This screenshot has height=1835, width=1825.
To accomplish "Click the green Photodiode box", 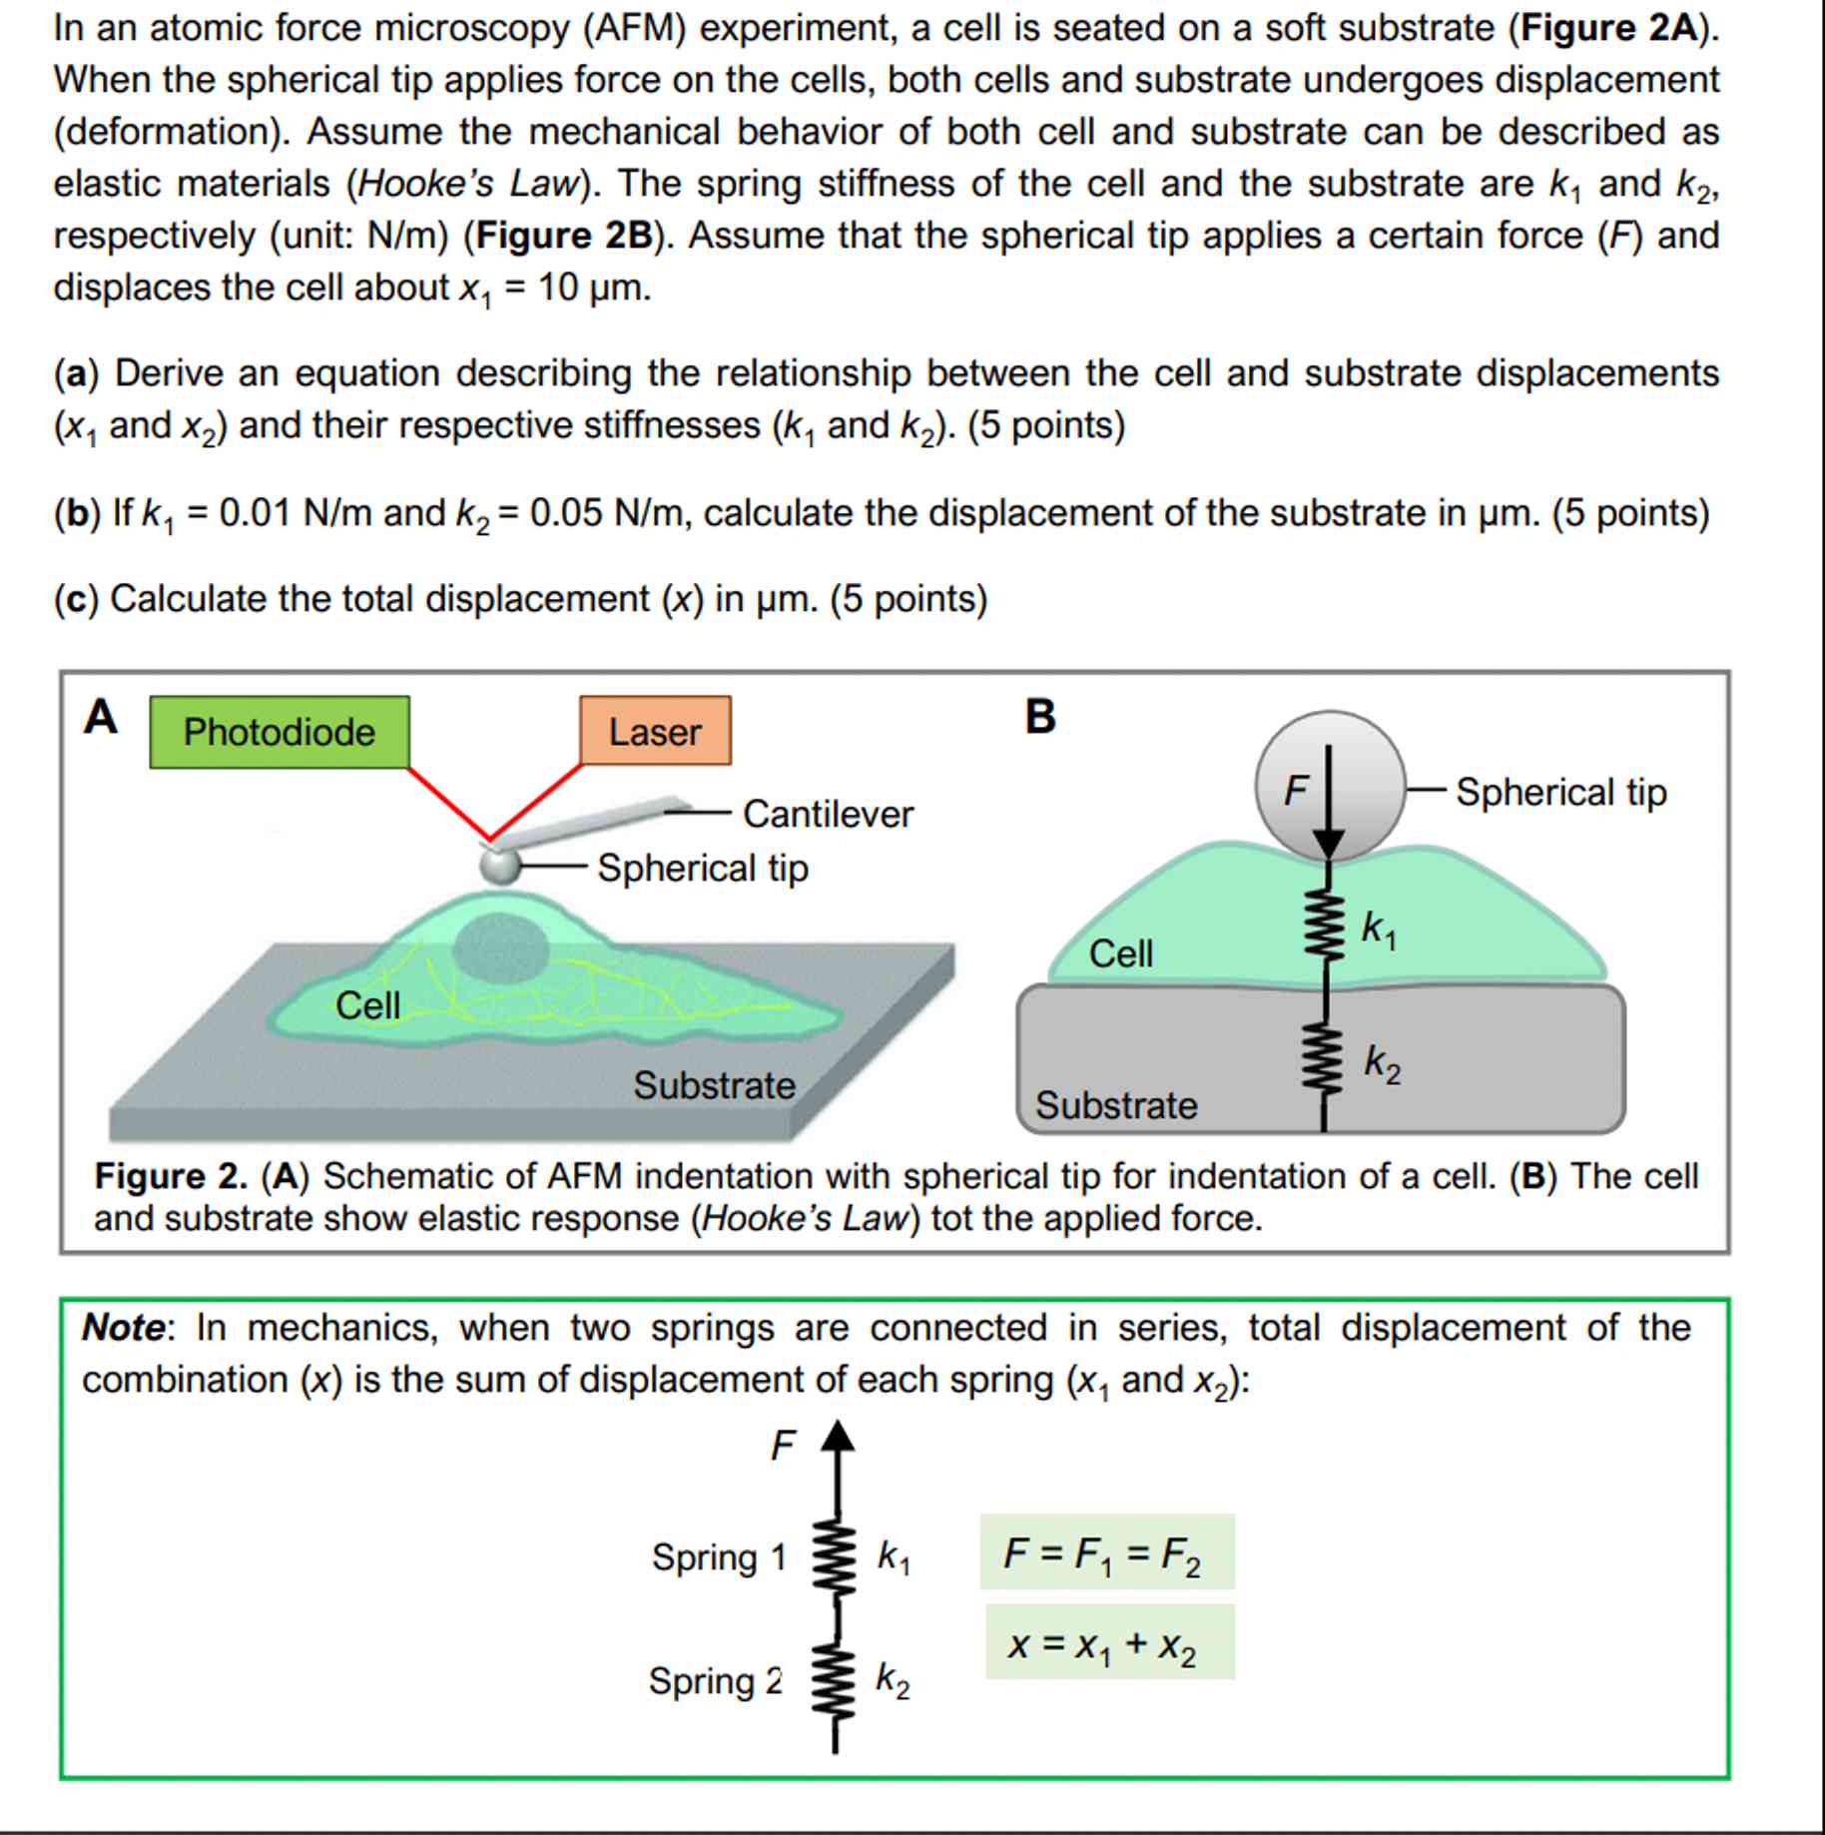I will pyautogui.click(x=279, y=732).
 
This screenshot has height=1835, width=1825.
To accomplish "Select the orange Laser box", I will pyautogui.click(x=655, y=732).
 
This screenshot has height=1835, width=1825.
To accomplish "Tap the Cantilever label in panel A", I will pyautogui.click(x=828, y=814).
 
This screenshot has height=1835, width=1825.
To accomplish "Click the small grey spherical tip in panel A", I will pyautogui.click(x=500, y=865).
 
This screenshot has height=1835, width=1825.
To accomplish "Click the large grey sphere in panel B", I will pyautogui.click(x=1330, y=784).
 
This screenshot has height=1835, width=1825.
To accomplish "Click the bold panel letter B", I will pyautogui.click(x=1040, y=717).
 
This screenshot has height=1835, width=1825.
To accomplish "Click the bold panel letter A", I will pyautogui.click(x=101, y=717).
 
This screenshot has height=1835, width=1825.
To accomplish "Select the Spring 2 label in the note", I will pyautogui.click(x=716, y=1681).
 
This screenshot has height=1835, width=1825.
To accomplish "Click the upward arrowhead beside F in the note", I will pyautogui.click(x=839, y=1436).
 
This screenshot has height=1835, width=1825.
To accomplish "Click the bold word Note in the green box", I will pyautogui.click(x=124, y=1328).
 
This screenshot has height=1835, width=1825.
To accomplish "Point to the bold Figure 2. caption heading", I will pyautogui.click(x=170, y=1176).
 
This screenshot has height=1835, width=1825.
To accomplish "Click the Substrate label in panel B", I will pyautogui.click(x=1116, y=1105).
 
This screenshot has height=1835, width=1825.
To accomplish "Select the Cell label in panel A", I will pyautogui.click(x=367, y=1005).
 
